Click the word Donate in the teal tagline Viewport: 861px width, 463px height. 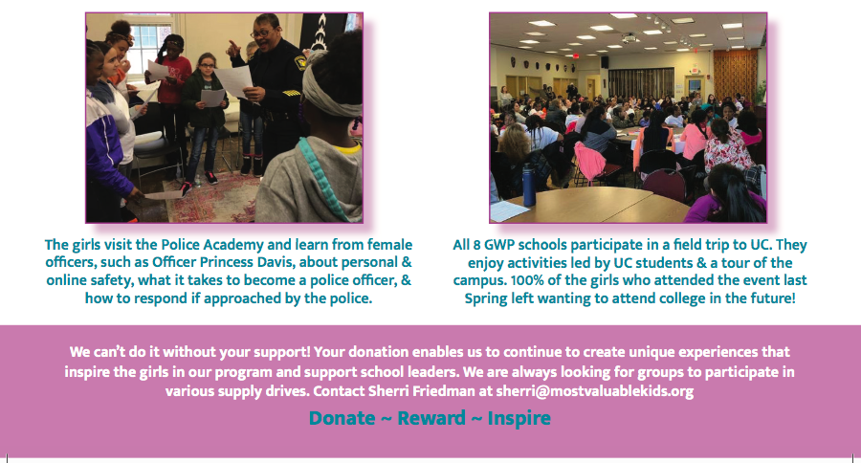coord(342,418)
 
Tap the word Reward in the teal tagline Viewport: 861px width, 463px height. coord(431,418)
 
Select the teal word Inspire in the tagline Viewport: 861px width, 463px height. coord(519,418)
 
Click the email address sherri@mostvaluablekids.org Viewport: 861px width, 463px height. coord(595,391)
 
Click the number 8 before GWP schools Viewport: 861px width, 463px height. coord(476,244)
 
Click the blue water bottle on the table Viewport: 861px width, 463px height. coord(528,187)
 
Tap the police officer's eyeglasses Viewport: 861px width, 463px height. coord(260,33)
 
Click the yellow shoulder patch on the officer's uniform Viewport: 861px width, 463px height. coord(300,62)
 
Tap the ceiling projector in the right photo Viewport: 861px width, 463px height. coord(629,38)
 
